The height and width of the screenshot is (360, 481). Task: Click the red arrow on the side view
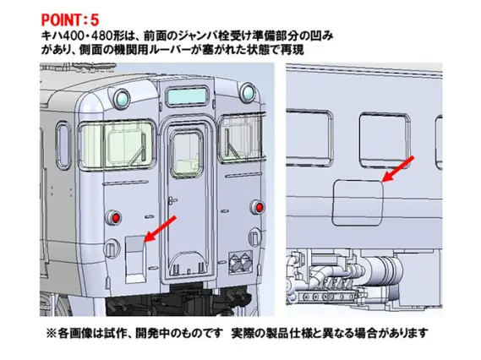click(398, 167)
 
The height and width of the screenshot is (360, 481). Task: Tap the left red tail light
click(114, 217)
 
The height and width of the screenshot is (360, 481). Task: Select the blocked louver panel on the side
click(358, 199)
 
